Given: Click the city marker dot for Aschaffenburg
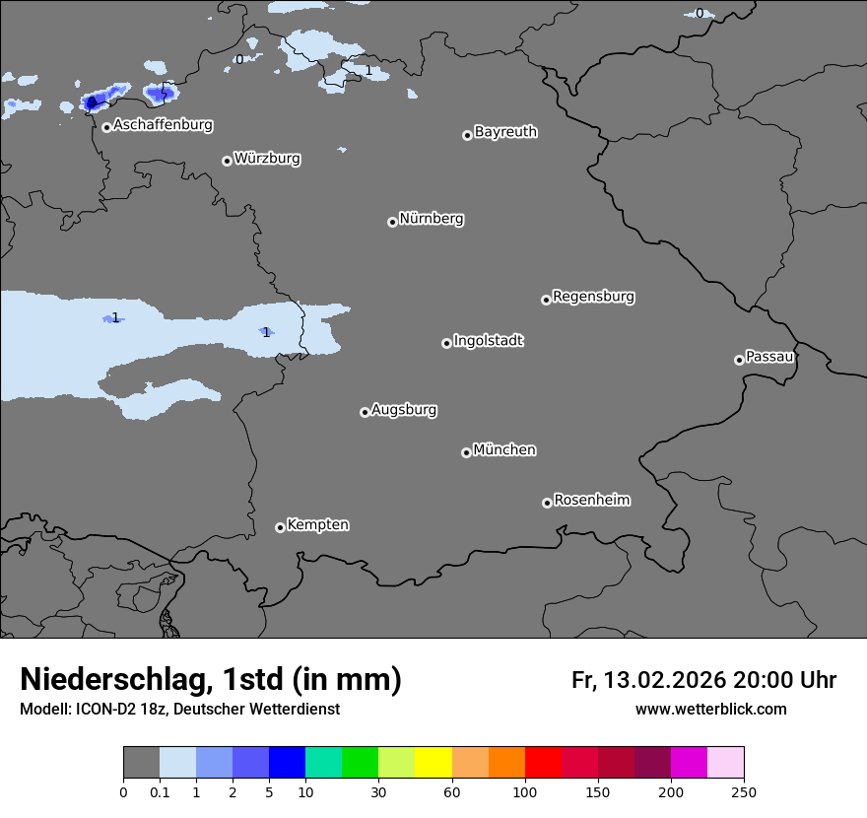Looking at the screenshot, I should coord(106,127).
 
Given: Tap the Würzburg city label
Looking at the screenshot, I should coord(267,158).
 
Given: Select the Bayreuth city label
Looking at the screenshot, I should coord(505,131).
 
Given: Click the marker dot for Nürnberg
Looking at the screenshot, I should coord(392,222).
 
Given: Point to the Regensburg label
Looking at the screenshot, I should coord(593,296).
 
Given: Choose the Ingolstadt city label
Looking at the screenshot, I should coord(488,340).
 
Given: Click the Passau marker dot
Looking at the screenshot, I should coord(739,360).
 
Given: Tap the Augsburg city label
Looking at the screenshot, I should coord(404,409).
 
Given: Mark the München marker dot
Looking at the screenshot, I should coord(466,453).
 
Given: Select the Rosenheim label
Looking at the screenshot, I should coord(591,500).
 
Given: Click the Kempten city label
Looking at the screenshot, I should coord(317,524).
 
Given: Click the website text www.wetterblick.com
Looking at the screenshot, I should coord(710,709).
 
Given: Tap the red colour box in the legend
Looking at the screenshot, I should coord(543,763).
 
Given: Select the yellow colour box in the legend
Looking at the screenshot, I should coord(433,763).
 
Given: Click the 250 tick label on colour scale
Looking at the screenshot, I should coord(744,791).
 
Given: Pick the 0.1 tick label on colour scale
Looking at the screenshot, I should coord(160,791).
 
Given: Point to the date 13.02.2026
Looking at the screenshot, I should coord(664,680).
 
